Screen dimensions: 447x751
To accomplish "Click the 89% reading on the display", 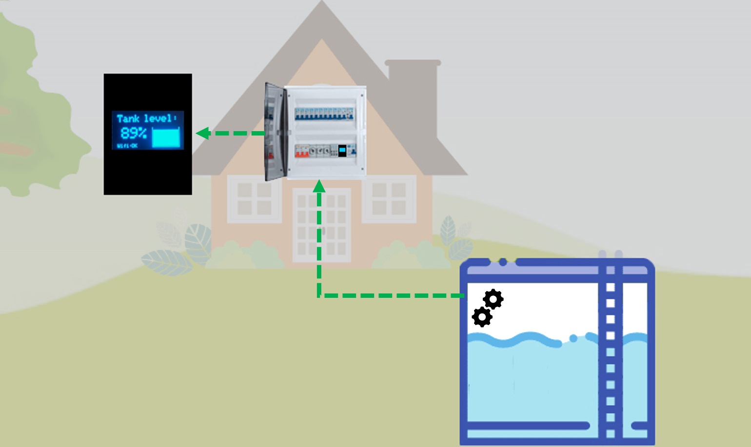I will click(133, 133).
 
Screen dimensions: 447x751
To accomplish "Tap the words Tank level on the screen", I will click(144, 118).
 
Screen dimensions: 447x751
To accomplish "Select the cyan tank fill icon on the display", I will click(166, 137).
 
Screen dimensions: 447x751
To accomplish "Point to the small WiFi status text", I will click(127, 146).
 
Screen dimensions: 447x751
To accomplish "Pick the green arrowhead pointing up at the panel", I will click(319, 186).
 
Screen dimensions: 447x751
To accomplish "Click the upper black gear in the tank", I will click(493, 299).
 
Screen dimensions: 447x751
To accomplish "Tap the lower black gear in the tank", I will click(482, 317).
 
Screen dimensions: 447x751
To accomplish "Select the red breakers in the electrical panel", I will click(301, 152).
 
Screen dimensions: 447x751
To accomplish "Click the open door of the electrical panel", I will click(274, 132).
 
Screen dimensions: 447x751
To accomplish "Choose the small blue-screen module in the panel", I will click(342, 151).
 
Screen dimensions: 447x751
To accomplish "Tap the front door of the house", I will click(321, 225).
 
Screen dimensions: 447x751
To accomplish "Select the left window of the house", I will click(254, 199).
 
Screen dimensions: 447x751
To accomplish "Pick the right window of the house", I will click(389, 199).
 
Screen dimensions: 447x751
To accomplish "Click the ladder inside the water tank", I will click(610, 351).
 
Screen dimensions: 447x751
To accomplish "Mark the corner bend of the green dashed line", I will click(319, 295).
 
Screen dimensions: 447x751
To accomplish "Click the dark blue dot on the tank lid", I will click(503, 262).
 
